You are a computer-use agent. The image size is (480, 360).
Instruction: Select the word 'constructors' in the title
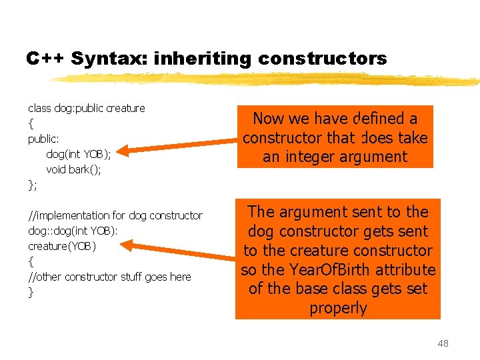[x=322, y=59]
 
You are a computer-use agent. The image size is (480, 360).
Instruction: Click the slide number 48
[x=443, y=343]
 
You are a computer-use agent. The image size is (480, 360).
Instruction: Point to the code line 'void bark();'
[x=73, y=169]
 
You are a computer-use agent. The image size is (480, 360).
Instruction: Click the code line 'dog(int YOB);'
[x=78, y=154]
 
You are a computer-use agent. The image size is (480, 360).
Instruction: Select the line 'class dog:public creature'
[x=86, y=108]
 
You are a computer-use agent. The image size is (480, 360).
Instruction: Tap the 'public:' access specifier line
[x=43, y=139]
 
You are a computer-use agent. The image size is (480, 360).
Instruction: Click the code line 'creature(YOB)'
[x=62, y=246]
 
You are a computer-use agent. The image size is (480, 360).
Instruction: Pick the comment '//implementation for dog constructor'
[x=115, y=215]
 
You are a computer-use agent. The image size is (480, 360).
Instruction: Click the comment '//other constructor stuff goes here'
[x=109, y=277]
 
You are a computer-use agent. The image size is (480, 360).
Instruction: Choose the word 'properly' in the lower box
[x=338, y=308]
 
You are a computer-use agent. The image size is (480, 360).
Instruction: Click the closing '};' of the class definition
[x=33, y=185]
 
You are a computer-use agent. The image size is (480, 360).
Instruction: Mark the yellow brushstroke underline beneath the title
[x=267, y=79]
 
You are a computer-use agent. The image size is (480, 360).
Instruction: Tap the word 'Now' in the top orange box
[x=269, y=119]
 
